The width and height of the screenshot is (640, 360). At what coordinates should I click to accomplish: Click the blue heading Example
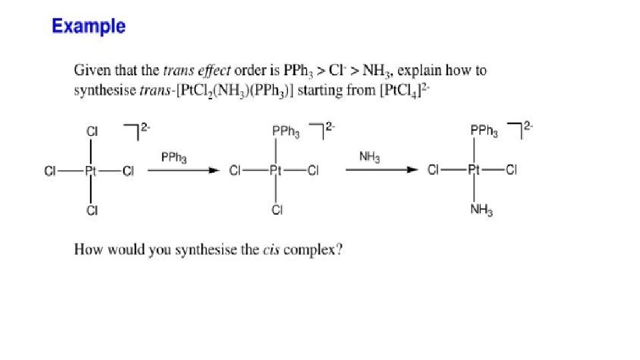88,27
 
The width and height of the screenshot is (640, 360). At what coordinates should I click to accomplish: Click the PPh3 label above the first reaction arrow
174,158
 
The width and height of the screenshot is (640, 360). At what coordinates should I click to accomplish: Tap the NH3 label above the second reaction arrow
369,157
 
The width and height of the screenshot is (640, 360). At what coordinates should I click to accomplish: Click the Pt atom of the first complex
91,171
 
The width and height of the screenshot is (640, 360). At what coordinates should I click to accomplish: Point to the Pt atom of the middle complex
275,171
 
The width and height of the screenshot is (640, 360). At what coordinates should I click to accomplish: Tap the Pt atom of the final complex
475,171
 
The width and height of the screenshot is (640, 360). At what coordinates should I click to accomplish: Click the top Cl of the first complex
91,132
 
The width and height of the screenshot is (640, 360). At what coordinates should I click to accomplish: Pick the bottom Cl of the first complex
91,211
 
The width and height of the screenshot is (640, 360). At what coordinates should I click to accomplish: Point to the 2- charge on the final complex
529,125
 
